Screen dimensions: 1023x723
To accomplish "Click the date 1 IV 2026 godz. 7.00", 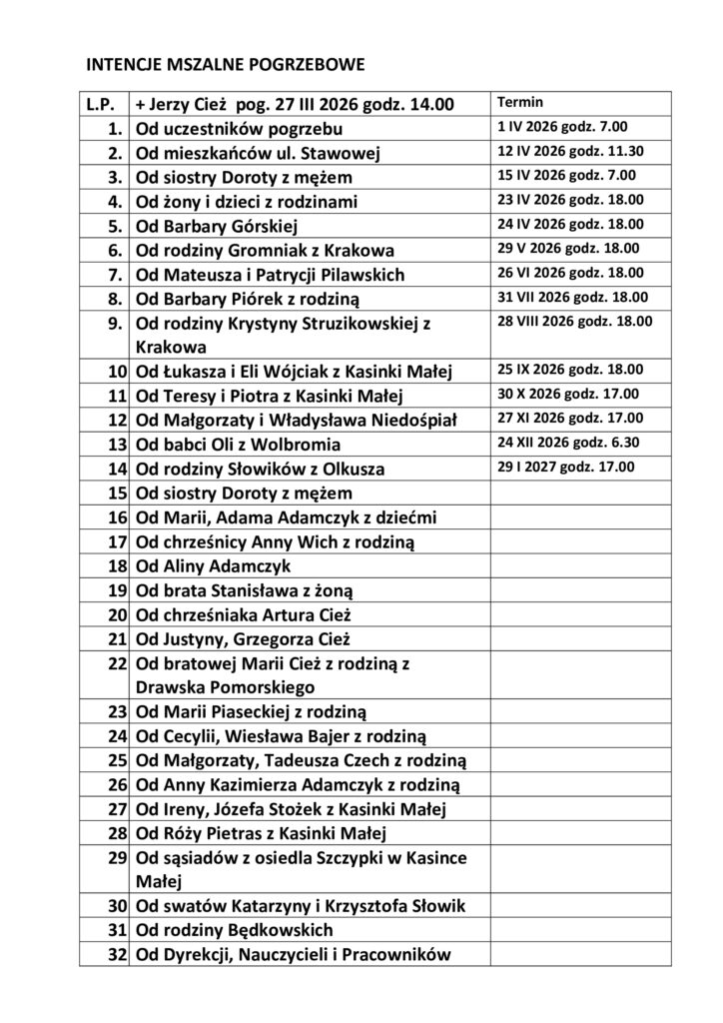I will (562, 128).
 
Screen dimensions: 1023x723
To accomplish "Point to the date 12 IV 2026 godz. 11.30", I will (569, 152).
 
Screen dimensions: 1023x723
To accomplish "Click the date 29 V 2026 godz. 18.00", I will (568, 249).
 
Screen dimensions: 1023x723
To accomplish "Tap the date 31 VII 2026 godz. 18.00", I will (572, 297).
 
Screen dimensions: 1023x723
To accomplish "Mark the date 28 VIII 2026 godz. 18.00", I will (575, 321).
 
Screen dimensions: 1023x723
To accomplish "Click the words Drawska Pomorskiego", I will (225, 687).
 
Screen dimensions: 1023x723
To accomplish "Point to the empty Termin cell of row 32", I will (580, 955).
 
